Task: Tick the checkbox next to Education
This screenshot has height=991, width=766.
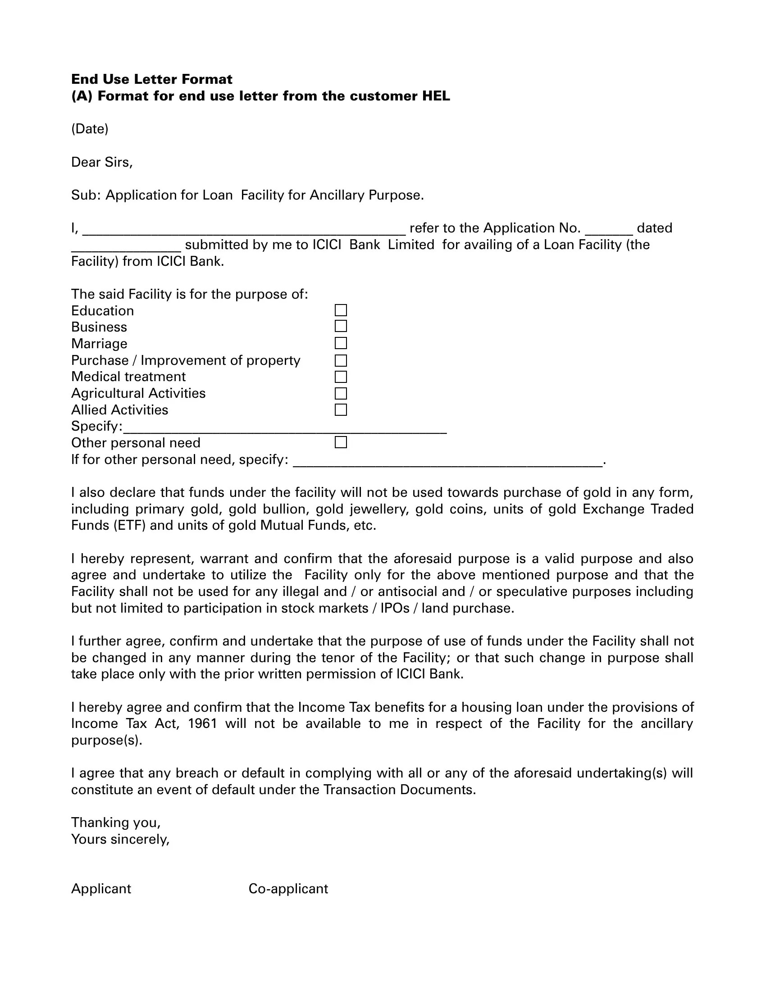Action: click(x=341, y=310)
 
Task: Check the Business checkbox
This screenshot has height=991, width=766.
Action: click(x=341, y=326)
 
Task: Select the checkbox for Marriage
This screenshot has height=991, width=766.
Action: click(x=341, y=343)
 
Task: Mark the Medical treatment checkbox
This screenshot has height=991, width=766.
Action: click(x=341, y=377)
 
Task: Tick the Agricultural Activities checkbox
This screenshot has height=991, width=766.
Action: click(x=341, y=393)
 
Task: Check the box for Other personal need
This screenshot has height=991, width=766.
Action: click(x=341, y=442)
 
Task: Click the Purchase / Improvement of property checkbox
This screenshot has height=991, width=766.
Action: click(x=341, y=360)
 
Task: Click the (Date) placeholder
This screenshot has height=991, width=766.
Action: click(x=90, y=129)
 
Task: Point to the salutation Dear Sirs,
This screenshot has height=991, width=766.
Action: click(x=102, y=162)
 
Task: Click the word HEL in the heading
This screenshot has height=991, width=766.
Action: click(x=436, y=96)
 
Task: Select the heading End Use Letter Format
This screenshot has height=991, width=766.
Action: click(x=151, y=79)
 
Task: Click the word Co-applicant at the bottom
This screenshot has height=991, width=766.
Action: click(x=288, y=888)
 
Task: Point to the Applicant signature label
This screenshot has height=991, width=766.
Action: click(x=101, y=888)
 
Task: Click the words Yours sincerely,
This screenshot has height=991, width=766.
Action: click(x=120, y=839)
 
